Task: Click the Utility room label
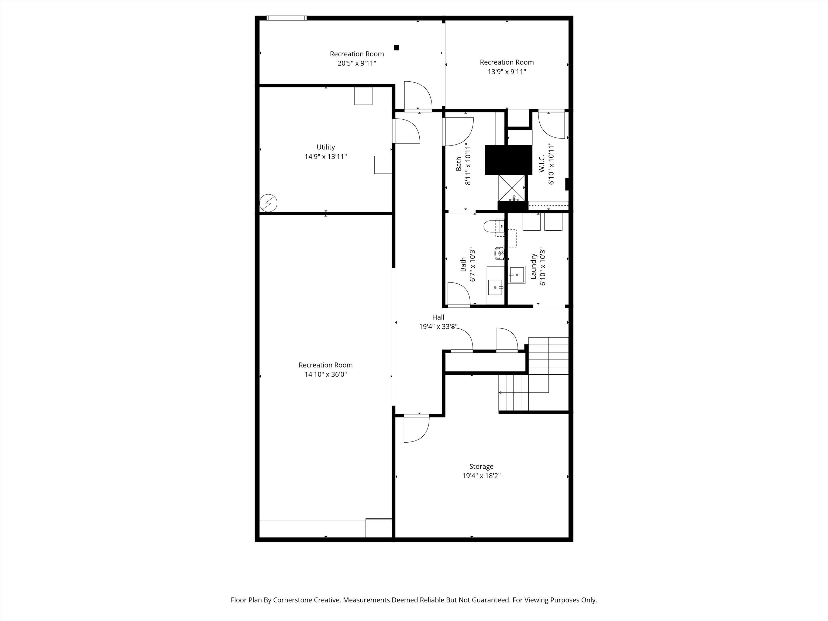(325, 147)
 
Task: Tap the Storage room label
(481, 466)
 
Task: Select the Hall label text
(438, 317)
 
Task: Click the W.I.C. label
(542, 164)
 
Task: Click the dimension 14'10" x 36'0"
(325, 374)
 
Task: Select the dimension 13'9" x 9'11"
(506, 71)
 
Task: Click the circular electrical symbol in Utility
(268, 203)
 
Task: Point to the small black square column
(396, 47)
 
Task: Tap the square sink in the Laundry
(517, 275)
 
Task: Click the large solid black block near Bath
(508, 160)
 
